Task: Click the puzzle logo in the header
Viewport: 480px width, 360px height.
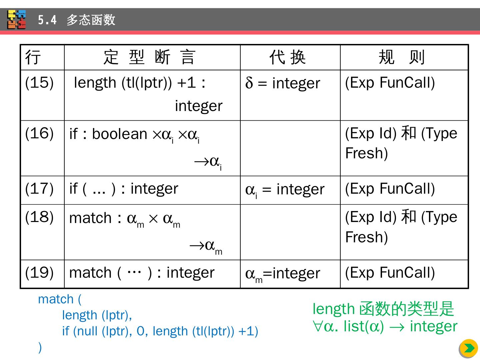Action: pos(17,20)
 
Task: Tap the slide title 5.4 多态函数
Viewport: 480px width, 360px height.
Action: pos(76,20)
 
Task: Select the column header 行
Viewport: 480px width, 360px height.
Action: pos(33,57)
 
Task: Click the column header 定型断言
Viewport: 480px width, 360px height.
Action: pos(149,57)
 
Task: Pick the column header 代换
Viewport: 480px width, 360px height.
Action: pos(287,57)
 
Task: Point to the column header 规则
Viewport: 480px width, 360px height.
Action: pos(402,57)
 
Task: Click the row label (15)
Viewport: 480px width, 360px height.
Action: pos(39,83)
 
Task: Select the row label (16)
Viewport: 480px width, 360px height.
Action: pos(39,133)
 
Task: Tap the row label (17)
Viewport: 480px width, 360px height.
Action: pos(39,189)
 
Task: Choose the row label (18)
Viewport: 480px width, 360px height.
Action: pos(39,217)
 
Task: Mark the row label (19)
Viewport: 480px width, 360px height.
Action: pos(39,273)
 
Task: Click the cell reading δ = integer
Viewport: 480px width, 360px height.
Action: pos(283,83)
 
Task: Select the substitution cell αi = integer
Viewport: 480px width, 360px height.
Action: pos(285,190)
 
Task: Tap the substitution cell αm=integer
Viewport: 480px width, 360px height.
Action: pos(283,274)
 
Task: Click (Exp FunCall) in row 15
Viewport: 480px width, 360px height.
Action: pos(390,83)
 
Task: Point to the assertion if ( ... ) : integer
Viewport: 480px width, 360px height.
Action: pos(124,189)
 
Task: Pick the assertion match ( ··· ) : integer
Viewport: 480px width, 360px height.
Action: pos(142,273)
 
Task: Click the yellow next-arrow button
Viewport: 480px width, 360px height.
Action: pos(469,348)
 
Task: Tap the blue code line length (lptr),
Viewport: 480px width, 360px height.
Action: pos(97,315)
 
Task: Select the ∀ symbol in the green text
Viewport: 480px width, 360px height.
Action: pos(317,326)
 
